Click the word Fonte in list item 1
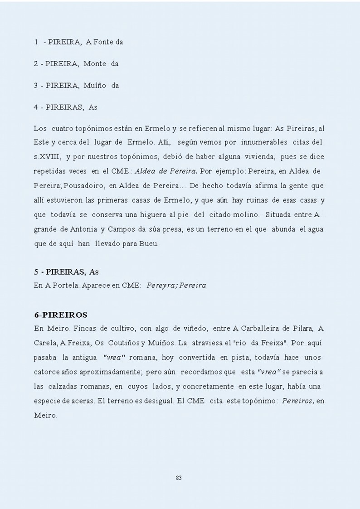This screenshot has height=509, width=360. click(104, 42)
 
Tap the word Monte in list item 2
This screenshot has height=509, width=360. click(95, 64)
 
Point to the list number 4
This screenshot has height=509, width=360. click(36, 107)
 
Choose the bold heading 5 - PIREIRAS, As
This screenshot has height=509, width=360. click(66, 272)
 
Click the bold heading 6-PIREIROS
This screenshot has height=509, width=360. click(61, 314)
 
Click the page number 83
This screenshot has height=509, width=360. click(179, 478)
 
